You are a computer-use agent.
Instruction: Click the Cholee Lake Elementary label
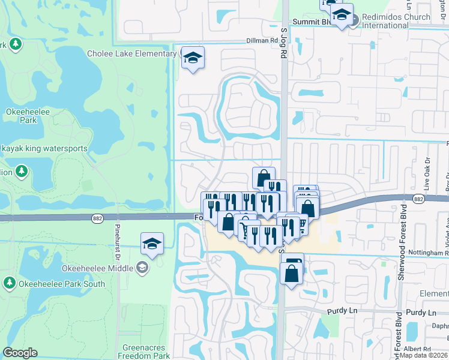coord(131,54)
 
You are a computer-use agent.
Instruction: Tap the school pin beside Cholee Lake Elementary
coord(193,58)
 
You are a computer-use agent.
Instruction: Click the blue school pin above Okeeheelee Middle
coord(152,244)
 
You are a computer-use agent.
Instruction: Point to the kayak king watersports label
coord(44,148)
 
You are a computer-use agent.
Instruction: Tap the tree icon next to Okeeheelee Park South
coord(9,283)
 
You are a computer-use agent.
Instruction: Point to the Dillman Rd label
coord(263,41)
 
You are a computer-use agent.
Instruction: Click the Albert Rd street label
coord(418,349)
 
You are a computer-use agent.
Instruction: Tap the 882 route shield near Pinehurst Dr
coord(97,220)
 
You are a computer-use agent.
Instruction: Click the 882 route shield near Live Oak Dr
coord(419,198)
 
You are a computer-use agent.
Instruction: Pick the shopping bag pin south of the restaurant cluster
coord(292,273)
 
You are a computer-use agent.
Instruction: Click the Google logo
coord(20,353)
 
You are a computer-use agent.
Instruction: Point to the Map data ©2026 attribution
coord(424,355)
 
